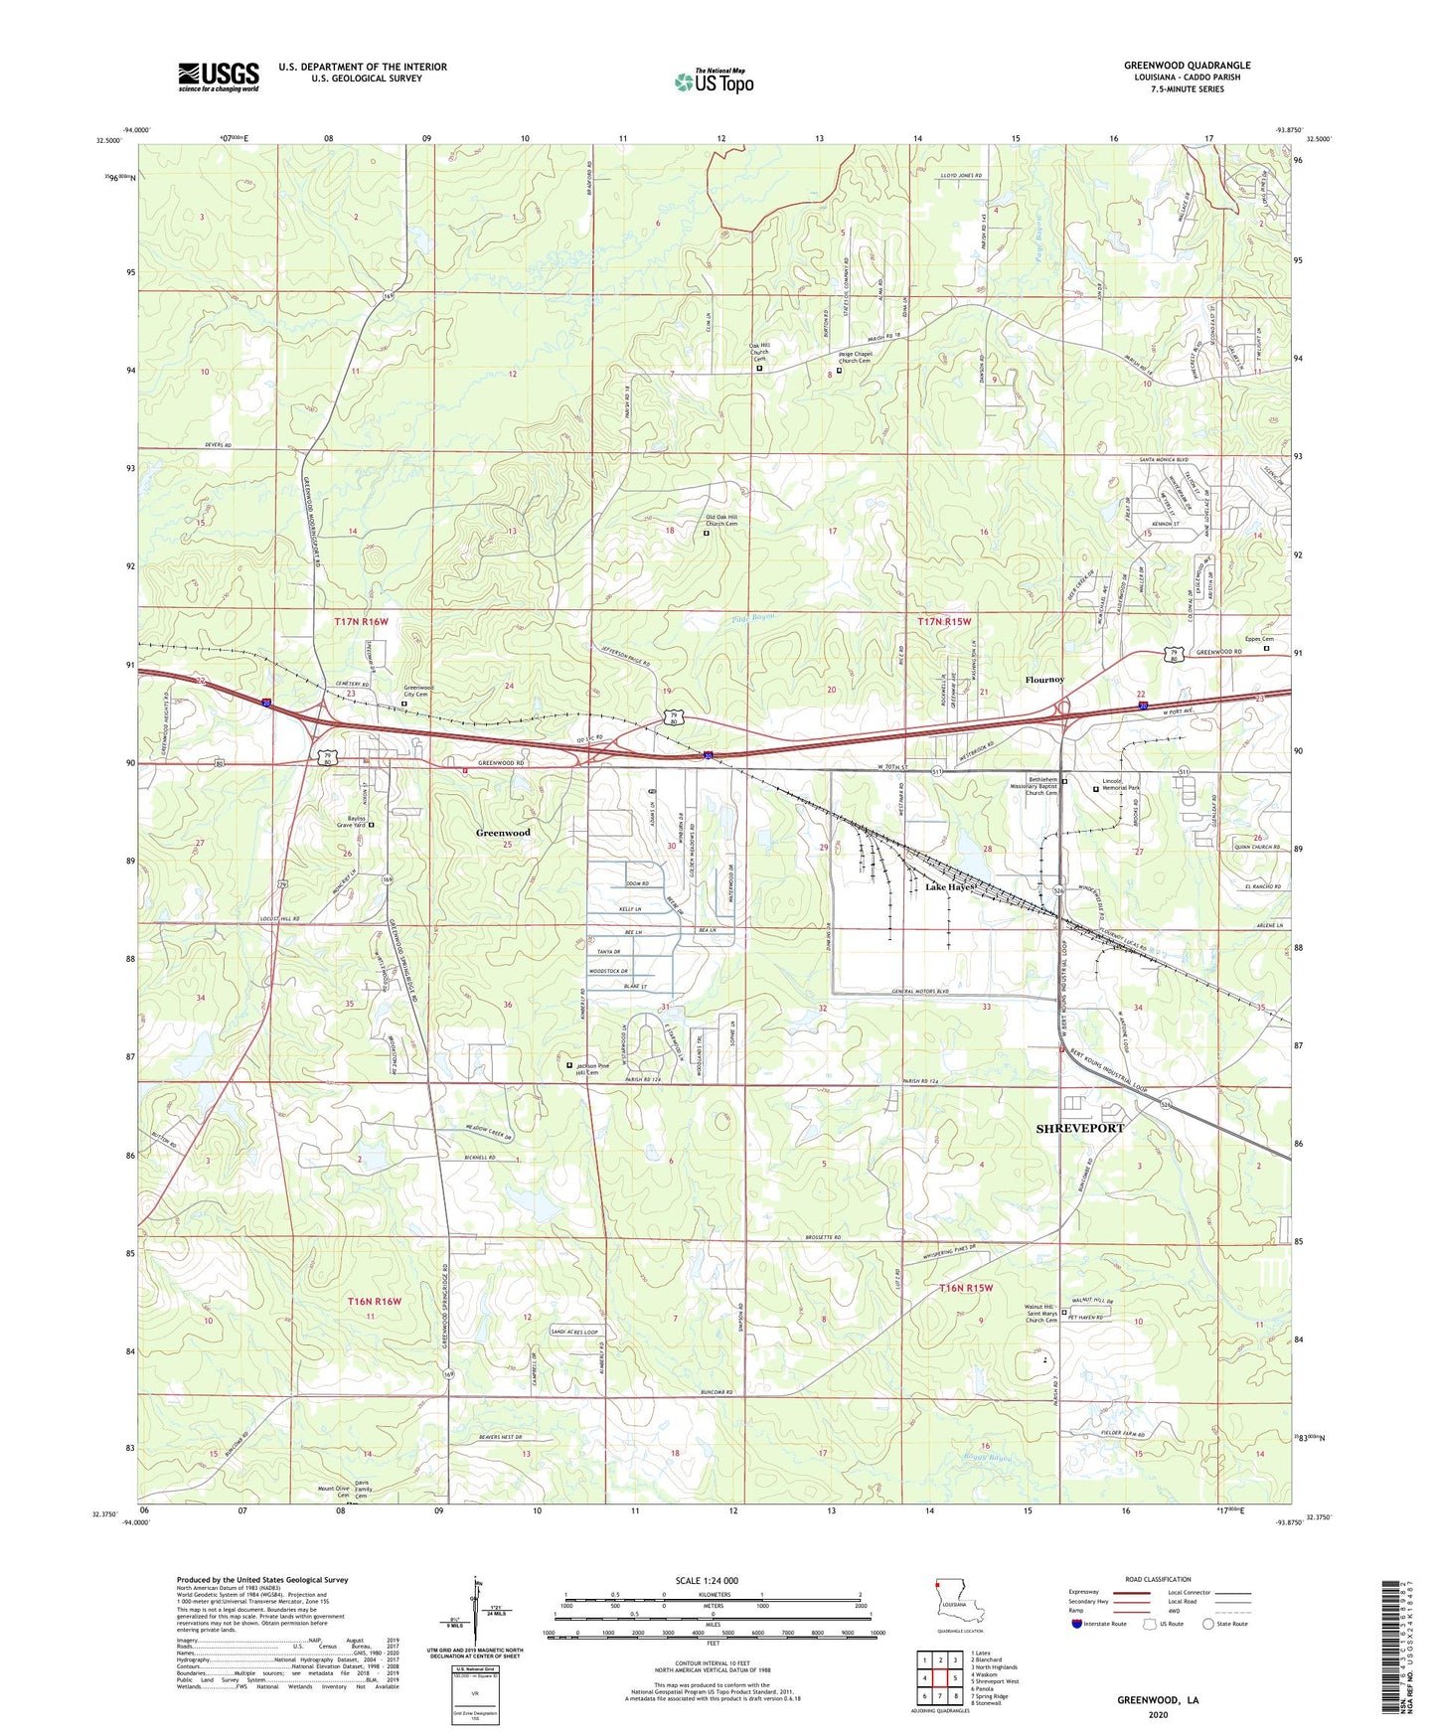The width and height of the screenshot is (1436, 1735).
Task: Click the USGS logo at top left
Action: pyautogui.click(x=218, y=77)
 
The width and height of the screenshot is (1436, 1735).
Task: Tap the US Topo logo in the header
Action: pyautogui.click(x=713, y=82)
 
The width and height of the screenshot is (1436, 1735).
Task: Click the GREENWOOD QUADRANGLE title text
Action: pyautogui.click(x=1188, y=66)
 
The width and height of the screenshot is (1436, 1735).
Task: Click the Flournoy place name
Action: pyautogui.click(x=1044, y=680)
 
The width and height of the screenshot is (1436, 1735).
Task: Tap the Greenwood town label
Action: pyautogui.click(x=503, y=833)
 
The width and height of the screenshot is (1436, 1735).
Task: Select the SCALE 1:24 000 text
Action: pyautogui.click(x=707, y=1581)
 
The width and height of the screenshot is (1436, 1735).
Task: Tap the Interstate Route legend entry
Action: pyautogui.click(x=1104, y=1624)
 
